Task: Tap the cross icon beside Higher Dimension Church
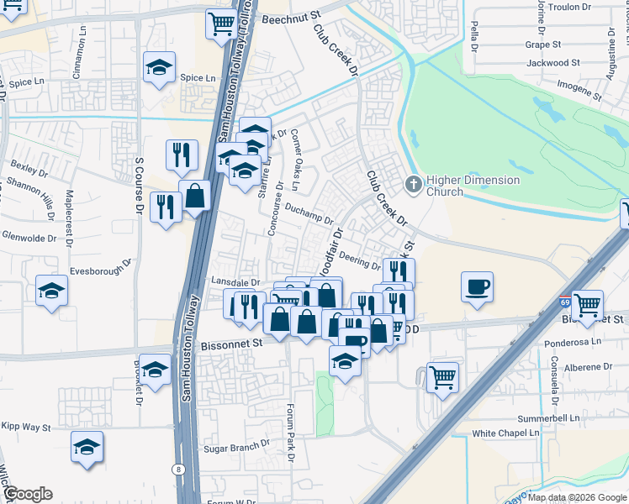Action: point(413,183)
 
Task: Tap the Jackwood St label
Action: point(552,63)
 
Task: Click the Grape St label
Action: point(542,45)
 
